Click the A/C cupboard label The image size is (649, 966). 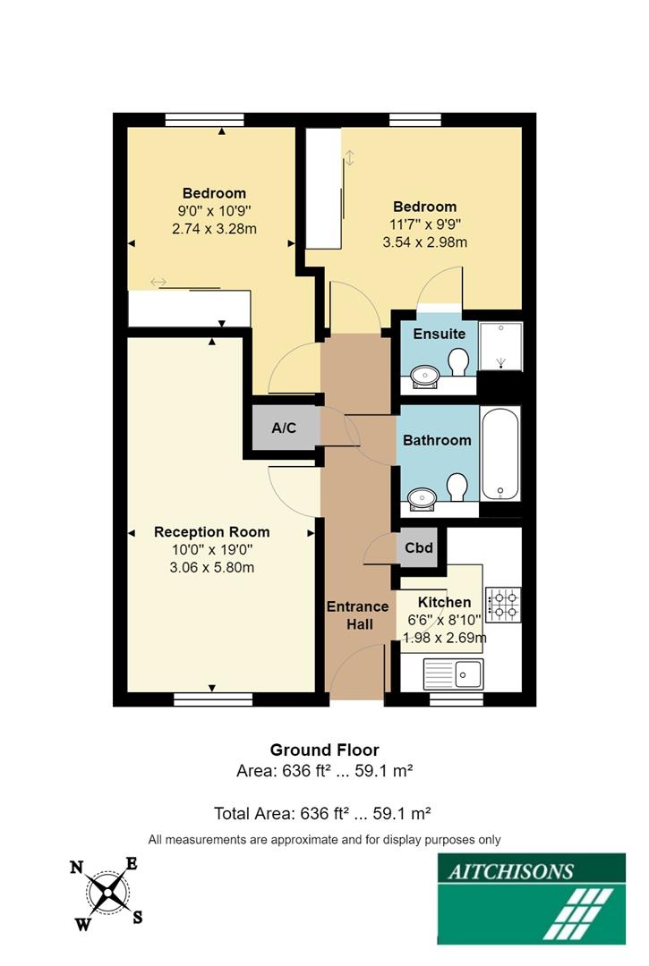[284, 428]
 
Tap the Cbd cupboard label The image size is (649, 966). [419, 547]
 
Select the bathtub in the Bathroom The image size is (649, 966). [500, 453]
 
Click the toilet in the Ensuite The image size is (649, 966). [459, 363]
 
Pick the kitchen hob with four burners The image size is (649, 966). [503, 605]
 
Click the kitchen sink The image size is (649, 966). [453, 674]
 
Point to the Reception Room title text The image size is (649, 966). [211, 531]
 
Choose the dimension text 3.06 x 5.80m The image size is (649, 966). [211, 567]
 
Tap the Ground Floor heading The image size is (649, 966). [324, 750]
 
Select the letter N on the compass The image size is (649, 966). [78, 866]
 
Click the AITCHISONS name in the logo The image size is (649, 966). [507, 870]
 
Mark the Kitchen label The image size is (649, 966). [444, 602]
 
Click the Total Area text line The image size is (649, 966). [323, 813]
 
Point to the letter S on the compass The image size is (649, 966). [138, 917]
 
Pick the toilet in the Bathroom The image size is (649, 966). [457, 487]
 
